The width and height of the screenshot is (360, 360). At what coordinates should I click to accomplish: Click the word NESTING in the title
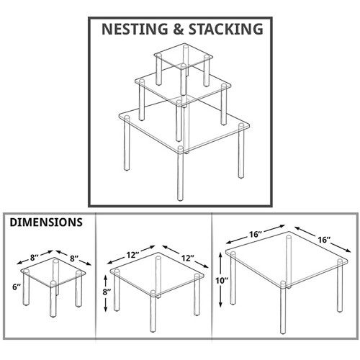point(135,29)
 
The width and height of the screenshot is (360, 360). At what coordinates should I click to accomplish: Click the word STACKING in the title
point(226,29)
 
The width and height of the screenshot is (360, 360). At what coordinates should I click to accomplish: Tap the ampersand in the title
point(179,29)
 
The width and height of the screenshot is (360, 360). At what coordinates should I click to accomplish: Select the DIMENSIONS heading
point(46,222)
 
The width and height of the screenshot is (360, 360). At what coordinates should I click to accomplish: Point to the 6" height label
point(17,287)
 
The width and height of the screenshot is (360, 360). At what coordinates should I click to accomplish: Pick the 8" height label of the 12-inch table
point(107,292)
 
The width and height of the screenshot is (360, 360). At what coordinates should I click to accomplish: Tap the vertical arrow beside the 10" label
point(221,279)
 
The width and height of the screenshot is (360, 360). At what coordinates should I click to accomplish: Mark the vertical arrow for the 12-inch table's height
point(105,293)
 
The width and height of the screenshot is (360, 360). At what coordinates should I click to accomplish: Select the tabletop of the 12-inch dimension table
point(157,274)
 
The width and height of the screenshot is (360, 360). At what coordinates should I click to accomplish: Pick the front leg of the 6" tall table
point(53,299)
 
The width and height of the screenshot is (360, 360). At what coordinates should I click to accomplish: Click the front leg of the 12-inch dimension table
point(153,311)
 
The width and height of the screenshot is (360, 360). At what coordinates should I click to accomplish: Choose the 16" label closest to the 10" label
point(255,234)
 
